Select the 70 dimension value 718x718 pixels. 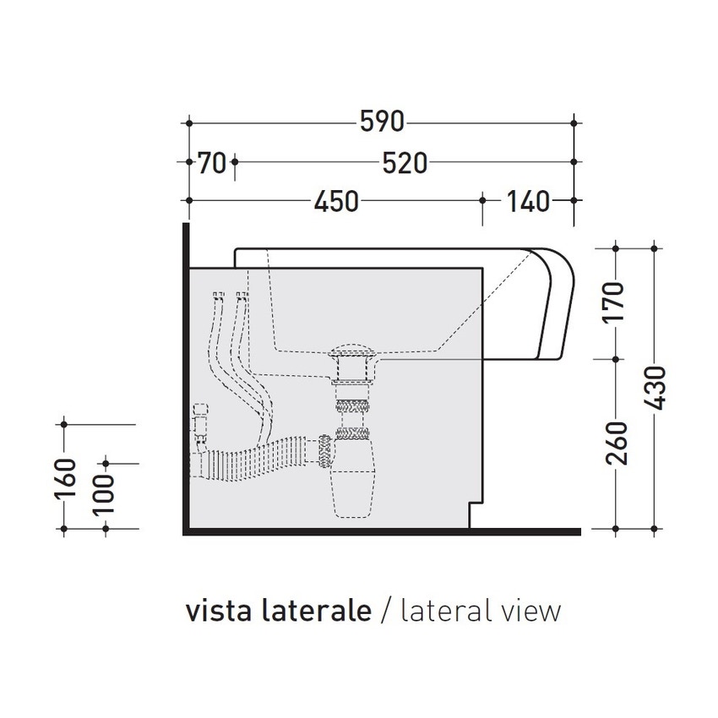[x=212, y=162]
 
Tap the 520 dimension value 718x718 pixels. [x=404, y=162]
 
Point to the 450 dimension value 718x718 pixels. [x=335, y=201]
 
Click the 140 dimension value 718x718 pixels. [x=527, y=201]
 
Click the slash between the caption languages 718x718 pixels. [x=386, y=611]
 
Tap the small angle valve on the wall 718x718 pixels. [x=201, y=422]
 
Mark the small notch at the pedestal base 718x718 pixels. [x=475, y=515]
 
